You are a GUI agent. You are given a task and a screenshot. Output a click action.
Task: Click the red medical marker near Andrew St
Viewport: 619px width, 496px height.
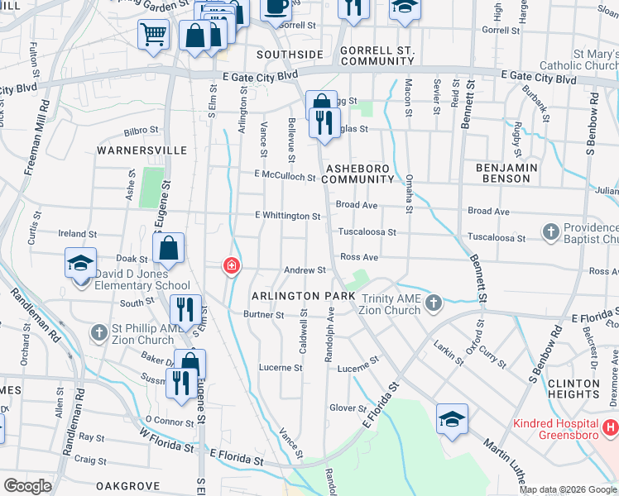(x=233, y=265)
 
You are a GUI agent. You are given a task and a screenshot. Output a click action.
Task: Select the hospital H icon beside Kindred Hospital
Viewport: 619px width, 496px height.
(x=610, y=427)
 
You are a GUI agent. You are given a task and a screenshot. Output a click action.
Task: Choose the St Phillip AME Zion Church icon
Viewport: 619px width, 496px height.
(x=98, y=332)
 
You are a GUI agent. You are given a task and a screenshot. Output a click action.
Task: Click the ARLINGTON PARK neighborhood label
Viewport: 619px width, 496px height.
(x=298, y=296)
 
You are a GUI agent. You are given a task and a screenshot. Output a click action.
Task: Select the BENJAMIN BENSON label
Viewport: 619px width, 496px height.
(x=507, y=173)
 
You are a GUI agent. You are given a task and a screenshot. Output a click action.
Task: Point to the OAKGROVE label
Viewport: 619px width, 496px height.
(x=127, y=485)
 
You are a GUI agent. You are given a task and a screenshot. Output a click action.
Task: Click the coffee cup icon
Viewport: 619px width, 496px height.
(x=276, y=7)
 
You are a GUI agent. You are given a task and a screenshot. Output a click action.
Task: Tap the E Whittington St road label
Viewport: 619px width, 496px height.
(x=287, y=216)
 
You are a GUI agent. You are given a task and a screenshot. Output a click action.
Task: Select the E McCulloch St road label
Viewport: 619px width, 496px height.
(x=285, y=177)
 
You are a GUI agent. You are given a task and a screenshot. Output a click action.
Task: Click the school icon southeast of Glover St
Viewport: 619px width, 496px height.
(x=452, y=420)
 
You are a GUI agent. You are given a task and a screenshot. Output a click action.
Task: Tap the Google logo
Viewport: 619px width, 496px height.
(x=28, y=486)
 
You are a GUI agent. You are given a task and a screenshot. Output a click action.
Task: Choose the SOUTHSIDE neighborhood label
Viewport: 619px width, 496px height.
(x=289, y=55)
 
